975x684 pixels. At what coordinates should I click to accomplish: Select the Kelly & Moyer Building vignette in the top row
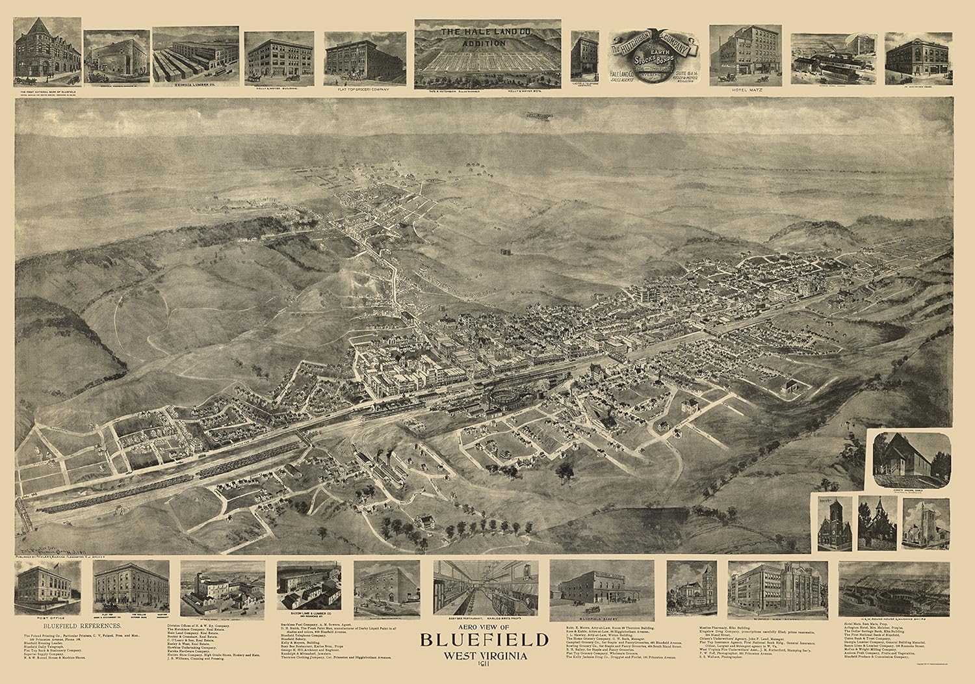click(x=276, y=57)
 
